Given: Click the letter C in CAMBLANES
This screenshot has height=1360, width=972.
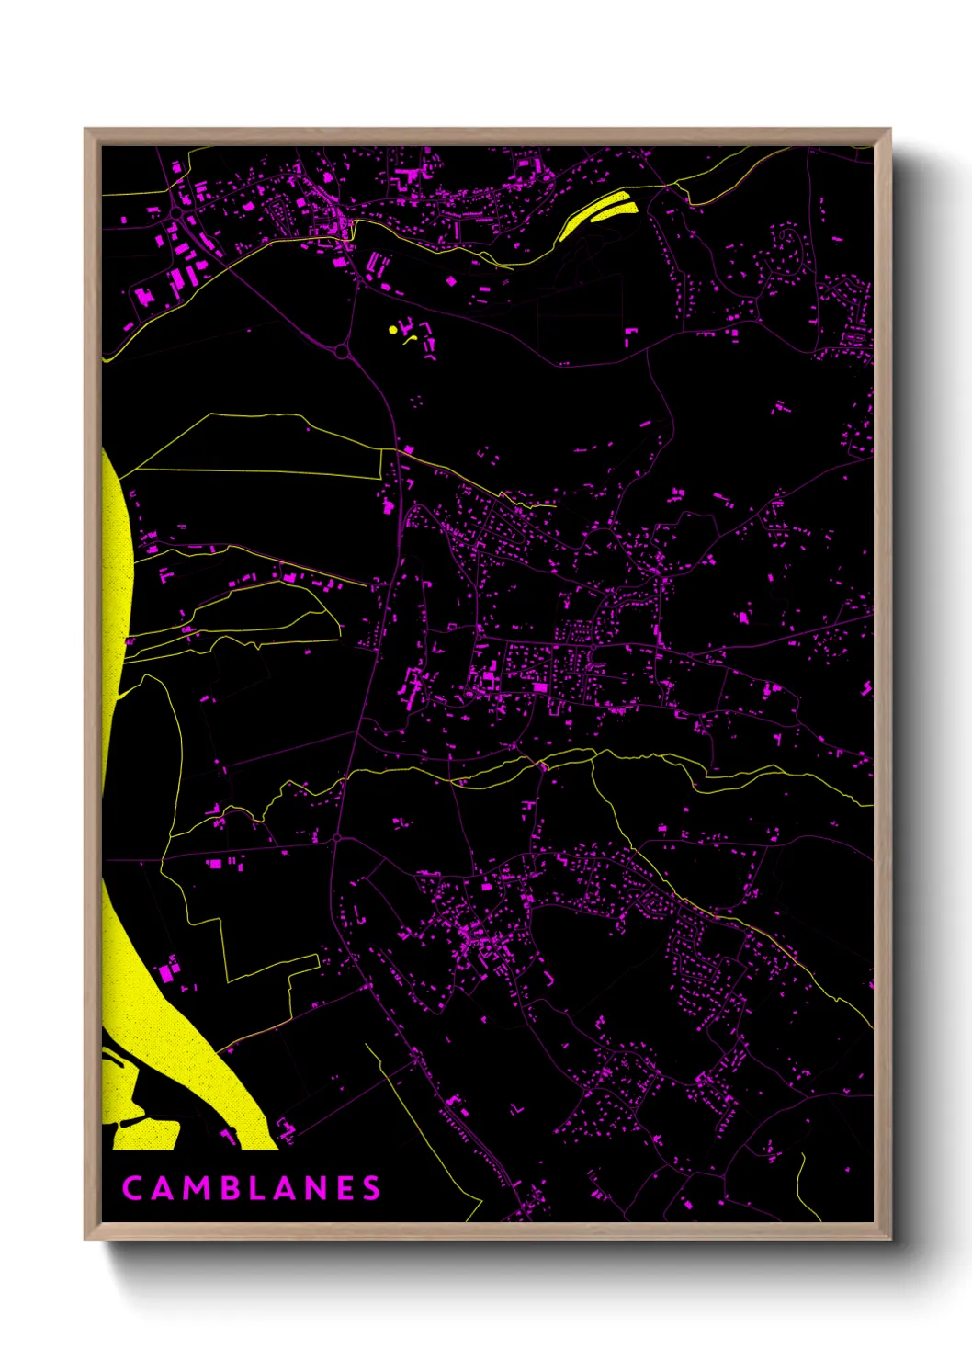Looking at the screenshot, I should (x=132, y=1188).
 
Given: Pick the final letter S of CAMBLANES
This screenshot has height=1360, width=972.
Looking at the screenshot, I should (x=371, y=1188).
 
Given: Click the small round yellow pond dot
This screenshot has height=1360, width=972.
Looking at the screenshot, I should (x=393, y=329).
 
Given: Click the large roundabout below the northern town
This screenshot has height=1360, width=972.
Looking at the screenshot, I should (x=342, y=351).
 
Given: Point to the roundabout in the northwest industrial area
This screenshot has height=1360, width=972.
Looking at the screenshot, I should (x=175, y=213).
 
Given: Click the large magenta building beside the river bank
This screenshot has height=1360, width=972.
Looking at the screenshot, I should (x=168, y=970).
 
